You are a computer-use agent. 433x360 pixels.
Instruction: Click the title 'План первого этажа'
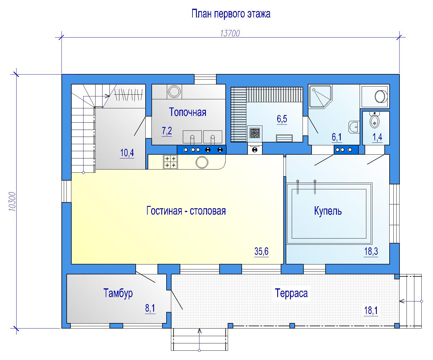pos(231,14)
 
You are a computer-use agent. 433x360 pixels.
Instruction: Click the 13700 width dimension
pos(230,33)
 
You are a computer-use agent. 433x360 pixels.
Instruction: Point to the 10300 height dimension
pos(12,202)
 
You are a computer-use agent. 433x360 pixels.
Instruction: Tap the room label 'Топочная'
pos(188,112)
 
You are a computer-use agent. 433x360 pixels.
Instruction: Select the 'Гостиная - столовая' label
pos(186,211)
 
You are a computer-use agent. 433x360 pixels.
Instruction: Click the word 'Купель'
pos(328,211)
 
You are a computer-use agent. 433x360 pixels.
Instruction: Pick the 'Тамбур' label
pos(118,293)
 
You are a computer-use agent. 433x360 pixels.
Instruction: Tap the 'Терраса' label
pos(291,293)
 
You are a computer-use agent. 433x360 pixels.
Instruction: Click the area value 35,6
pos(261,251)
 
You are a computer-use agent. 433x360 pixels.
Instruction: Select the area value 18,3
pos(371,251)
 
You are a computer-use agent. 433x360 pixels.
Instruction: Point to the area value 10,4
pos(127,153)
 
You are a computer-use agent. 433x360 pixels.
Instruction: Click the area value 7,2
pos(167,131)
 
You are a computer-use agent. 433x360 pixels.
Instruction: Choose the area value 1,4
pos(377,137)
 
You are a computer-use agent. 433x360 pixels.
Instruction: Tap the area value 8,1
pos(150,308)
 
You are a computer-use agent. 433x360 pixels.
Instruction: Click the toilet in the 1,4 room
pos(374,120)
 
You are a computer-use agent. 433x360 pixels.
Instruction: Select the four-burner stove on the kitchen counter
pos(170,162)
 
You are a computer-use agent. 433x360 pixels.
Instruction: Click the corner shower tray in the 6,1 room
pos(320,96)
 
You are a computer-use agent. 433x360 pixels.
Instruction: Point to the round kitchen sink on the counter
pos(202,162)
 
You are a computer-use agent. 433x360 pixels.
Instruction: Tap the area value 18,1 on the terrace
pos(371,310)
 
